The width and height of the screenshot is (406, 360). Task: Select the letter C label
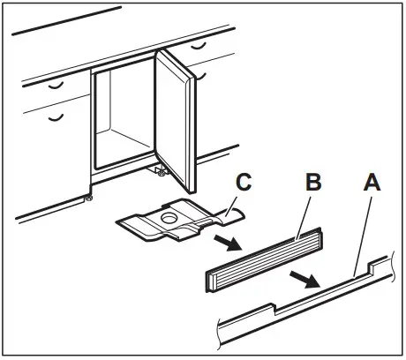tap(245, 184)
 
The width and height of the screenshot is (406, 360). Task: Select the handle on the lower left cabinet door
tap(56, 116)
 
